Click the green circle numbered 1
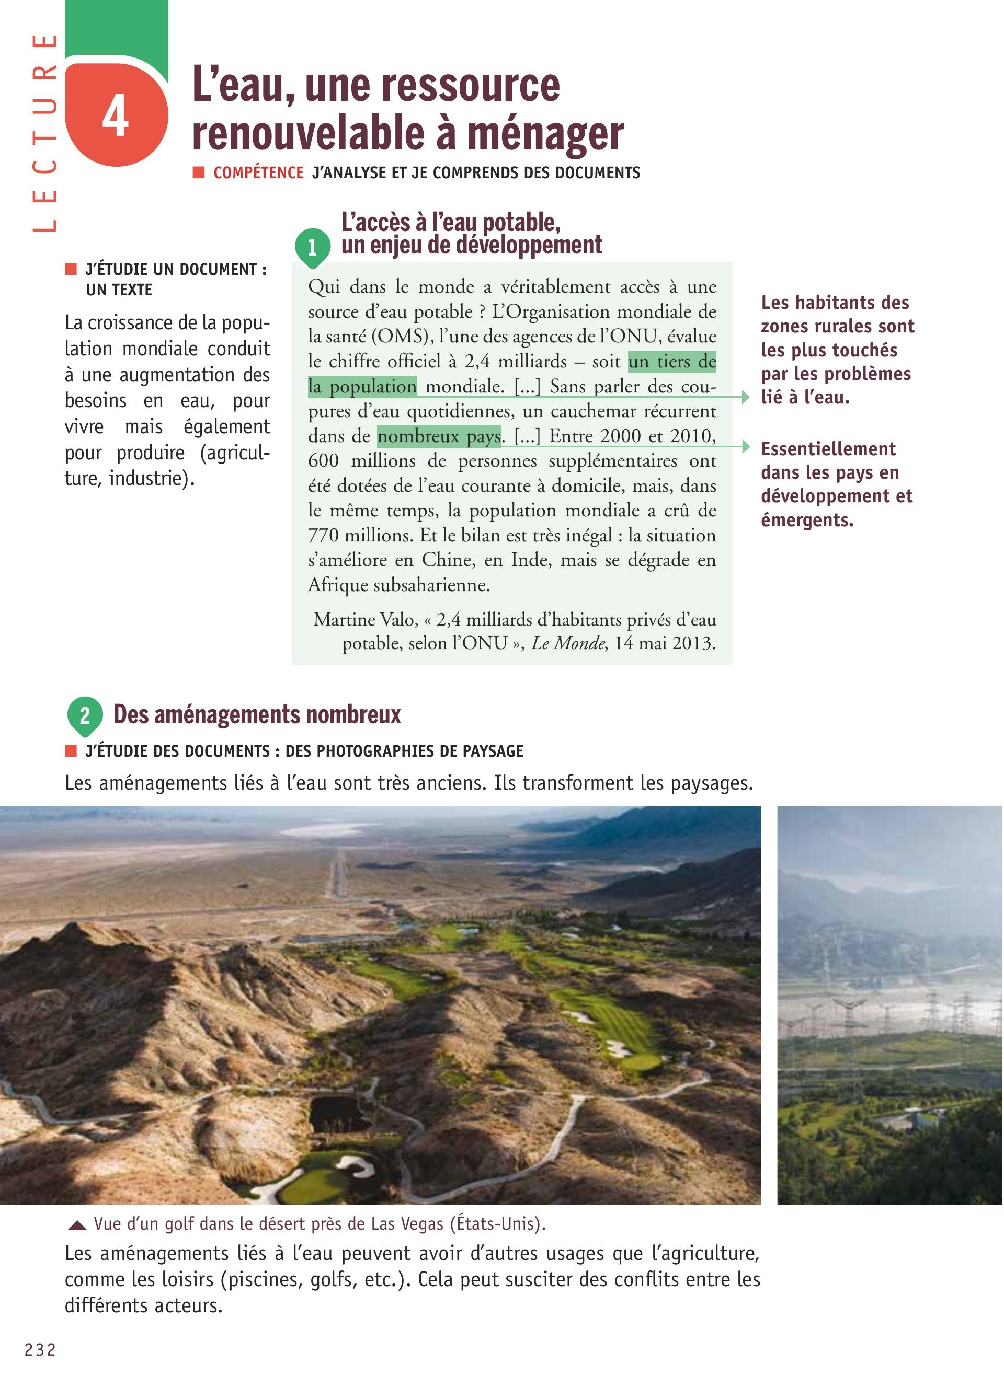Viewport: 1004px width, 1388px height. point(312,247)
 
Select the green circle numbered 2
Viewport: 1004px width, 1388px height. point(85,715)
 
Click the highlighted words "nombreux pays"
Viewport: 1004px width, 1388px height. point(438,436)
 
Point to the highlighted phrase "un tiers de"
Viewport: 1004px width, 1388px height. point(671,362)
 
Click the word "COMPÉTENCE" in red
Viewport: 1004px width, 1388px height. point(258,173)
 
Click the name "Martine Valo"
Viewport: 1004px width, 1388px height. point(366,619)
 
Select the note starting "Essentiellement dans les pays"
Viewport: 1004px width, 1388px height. point(836,484)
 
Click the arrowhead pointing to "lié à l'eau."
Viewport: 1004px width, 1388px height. point(745,397)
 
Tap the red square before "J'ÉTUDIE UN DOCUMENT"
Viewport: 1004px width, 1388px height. point(71,269)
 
